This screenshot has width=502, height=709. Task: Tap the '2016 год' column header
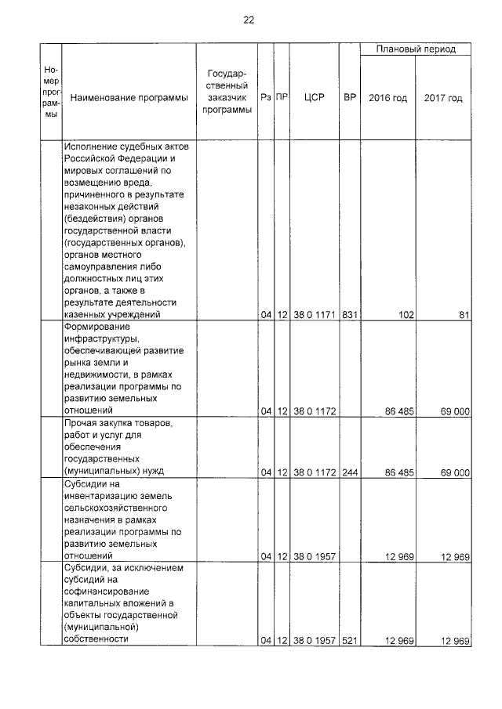click(388, 98)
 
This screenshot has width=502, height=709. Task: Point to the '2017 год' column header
click(443, 98)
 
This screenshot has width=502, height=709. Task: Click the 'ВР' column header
click(350, 98)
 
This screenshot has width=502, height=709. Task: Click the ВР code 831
click(350, 315)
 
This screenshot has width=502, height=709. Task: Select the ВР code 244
click(350, 472)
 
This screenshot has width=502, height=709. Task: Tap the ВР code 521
click(350, 641)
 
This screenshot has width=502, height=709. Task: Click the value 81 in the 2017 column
click(463, 315)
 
